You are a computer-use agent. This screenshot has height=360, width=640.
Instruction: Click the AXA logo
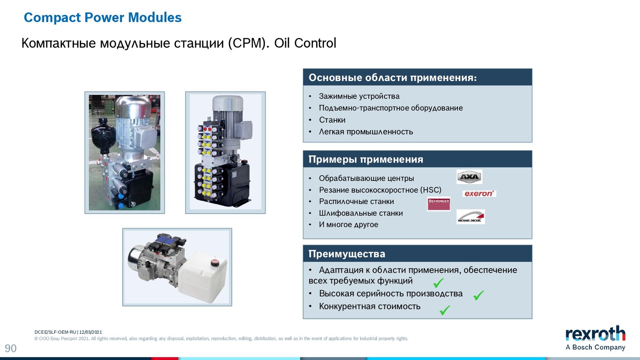pos(469,177)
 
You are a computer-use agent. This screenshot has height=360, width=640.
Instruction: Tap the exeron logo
pos(479,194)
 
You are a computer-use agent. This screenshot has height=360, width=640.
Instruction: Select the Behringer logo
pos(438,204)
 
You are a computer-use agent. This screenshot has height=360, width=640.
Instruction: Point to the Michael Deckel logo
pos(470,217)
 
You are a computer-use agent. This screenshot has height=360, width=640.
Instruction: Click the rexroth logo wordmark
pos(595,333)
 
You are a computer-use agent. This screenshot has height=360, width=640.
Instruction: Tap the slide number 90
pos(11,349)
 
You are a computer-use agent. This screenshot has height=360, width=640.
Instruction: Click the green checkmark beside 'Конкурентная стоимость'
pos(445,310)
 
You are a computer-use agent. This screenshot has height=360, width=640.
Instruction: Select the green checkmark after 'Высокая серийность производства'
pos(478,295)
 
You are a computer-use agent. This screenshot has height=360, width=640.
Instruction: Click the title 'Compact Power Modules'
pos(102,18)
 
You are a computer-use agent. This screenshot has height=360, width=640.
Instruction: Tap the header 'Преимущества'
pos(347,254)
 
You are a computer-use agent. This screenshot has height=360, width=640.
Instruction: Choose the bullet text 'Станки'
pos(332,120)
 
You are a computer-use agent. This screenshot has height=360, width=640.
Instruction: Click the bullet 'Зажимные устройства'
pos(359,96)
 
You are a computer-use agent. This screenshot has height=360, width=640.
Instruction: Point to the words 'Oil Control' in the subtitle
pos(305,43)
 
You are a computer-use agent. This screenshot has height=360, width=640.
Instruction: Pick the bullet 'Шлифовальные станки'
pos(361,213)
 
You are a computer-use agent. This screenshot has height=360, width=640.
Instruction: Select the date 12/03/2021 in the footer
pos(91,332)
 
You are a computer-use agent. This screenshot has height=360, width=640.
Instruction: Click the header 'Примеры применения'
pos(366,159)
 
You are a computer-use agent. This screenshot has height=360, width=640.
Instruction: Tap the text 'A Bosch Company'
pos(595,347)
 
